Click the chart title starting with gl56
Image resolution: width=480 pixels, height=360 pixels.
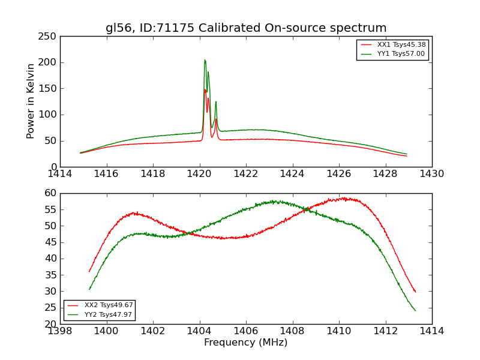(246, 28)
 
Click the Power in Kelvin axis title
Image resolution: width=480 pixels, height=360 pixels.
(31, 101)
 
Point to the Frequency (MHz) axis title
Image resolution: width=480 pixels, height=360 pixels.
(246, 343)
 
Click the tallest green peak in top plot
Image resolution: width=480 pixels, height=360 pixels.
(205, 60)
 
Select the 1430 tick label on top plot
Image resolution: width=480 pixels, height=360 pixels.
(431, 174)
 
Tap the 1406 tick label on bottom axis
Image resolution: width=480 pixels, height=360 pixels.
(246, 331)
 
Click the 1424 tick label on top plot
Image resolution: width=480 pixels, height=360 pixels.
(292, 174)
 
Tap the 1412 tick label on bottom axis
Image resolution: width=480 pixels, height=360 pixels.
(385, 331)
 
